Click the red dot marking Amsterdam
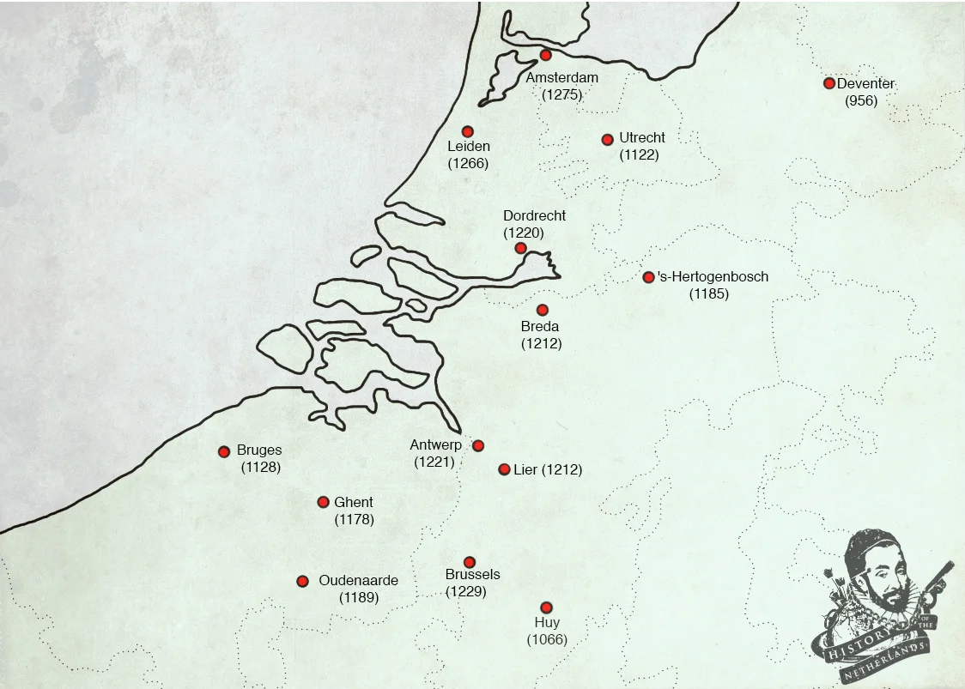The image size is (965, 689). (545, 55)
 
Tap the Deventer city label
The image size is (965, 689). (865, 83)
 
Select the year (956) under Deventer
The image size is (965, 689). (861, 100)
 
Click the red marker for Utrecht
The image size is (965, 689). (608, 139)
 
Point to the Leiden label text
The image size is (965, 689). (469, 147)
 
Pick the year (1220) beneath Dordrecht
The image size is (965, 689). (524, 233)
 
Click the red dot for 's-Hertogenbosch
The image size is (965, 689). (648, 277)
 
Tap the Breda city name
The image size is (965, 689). (540, 327)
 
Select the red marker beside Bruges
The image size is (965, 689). (224, 451)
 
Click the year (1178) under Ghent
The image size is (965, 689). (354, 519)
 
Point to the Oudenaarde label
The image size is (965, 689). (358, 581)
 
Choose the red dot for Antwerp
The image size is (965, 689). (478, 445)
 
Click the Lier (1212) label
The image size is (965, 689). (548, 470)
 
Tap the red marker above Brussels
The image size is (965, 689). (470, 562)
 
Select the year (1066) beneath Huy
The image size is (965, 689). (547, 639)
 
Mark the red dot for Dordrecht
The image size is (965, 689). (520, 248)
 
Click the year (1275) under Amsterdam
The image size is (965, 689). (562, 94)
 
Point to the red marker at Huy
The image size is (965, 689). (546, 607)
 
